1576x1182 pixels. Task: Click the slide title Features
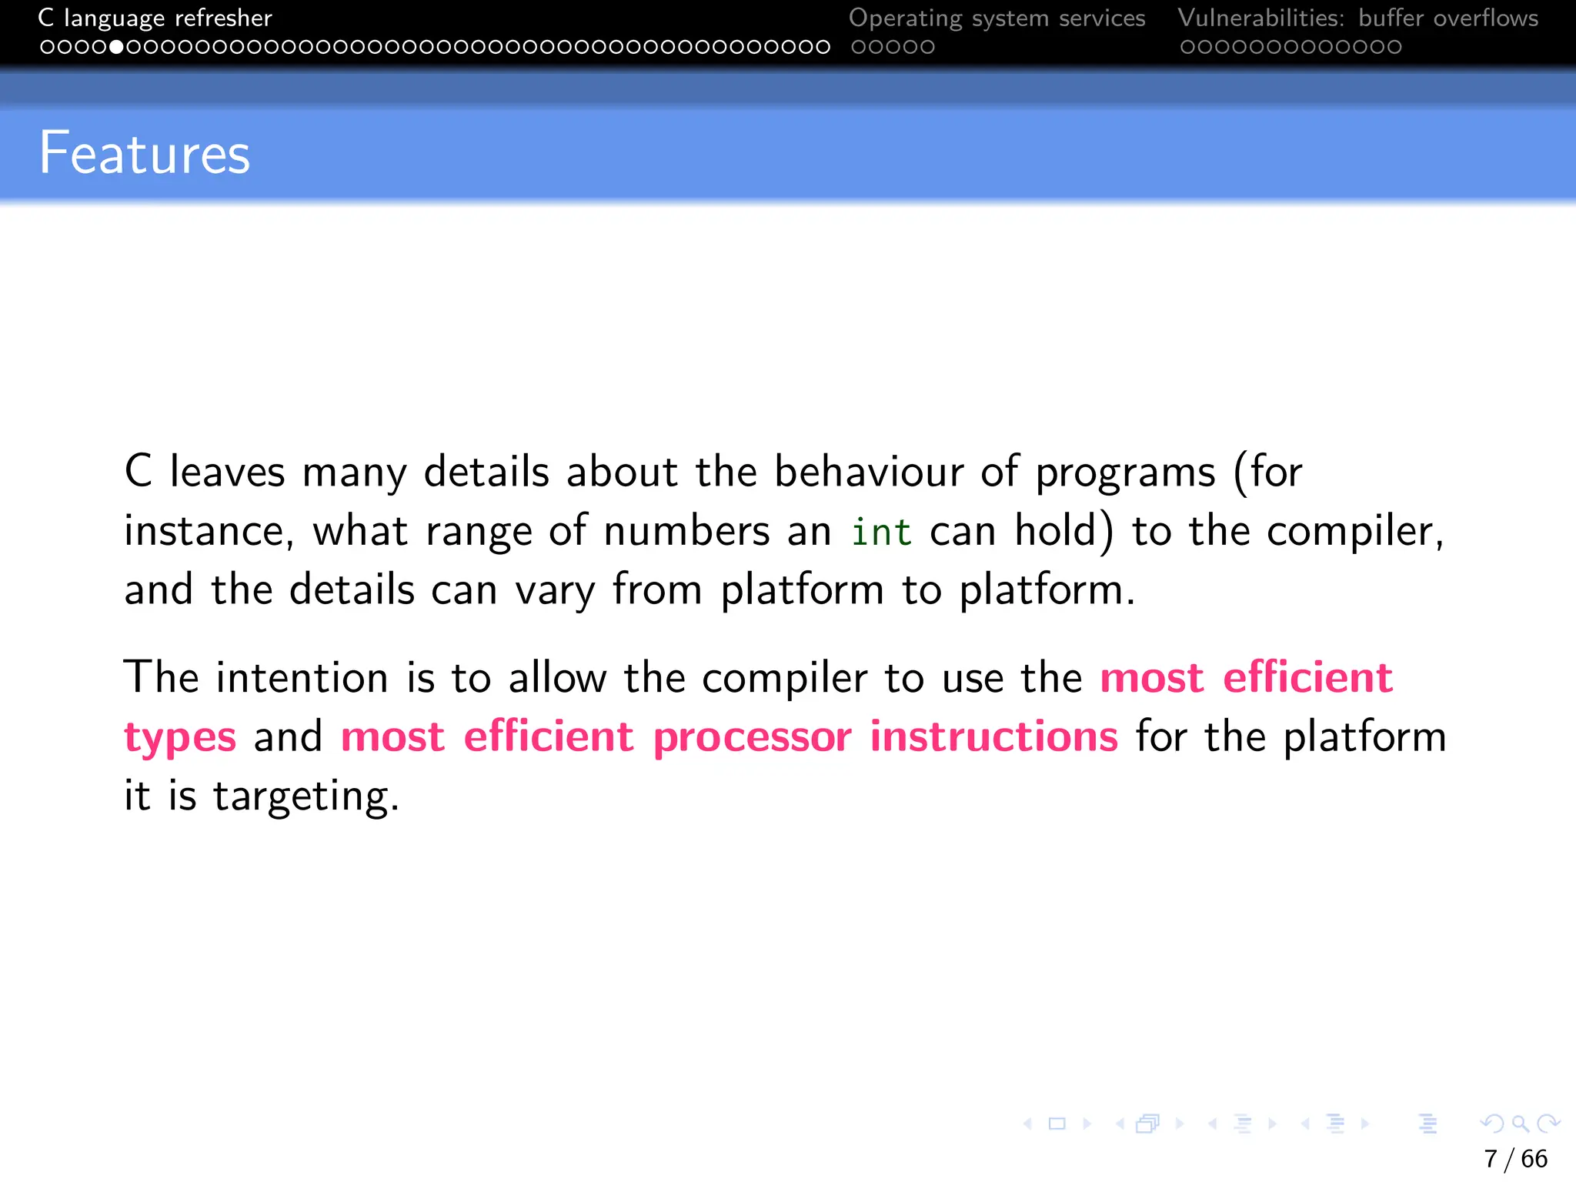tap(145, 154)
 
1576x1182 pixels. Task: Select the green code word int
tap(881, 533)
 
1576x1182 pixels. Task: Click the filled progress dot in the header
tap(116, 47)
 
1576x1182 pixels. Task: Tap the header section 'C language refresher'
tap(155, 18)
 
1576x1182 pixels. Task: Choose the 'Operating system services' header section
tap(997, 18)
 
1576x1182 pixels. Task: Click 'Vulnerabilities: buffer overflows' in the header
tap(1357, 18)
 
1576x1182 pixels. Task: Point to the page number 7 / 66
tap(1515, 1158)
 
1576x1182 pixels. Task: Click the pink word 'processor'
tap(752, 737)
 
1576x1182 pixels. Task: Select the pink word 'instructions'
tap(993, 737)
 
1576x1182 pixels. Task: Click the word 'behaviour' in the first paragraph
tap(868, 472)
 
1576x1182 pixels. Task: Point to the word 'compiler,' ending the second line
tap(1354, 533)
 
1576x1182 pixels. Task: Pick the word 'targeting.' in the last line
tap(306, 797)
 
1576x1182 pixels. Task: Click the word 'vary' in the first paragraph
tap(555, 591)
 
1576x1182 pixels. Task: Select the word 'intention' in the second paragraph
tap(302, 678)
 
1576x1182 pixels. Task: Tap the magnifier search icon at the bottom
tap(1520, 1124)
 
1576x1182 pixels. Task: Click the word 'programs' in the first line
tap(1125, 473)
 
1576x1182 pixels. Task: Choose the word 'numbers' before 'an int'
tap(686, 531)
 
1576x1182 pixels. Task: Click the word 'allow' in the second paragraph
tap(557, 678)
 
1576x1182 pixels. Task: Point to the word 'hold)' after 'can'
tap(1064, 531)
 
